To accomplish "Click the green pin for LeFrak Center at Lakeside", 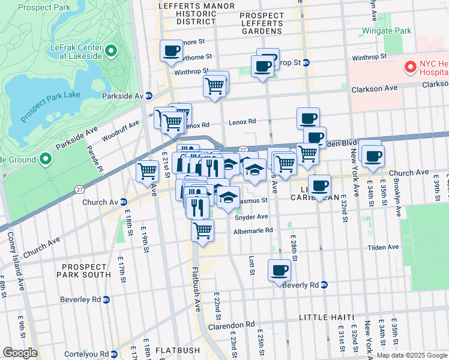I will click(x=111, y=51).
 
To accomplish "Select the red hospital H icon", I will click(x=411, y=67).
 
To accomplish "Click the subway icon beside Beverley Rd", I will click(x=107, y=299).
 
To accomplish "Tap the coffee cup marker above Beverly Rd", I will click(x=279, y=269).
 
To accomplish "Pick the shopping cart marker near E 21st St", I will click(x=147, y=172).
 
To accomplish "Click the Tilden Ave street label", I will click(x=384, y=247).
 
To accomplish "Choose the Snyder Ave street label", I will click(x=252, y=217).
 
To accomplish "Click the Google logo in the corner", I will click(x=20, y=353).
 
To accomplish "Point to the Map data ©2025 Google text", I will click(x=411, y=355).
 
